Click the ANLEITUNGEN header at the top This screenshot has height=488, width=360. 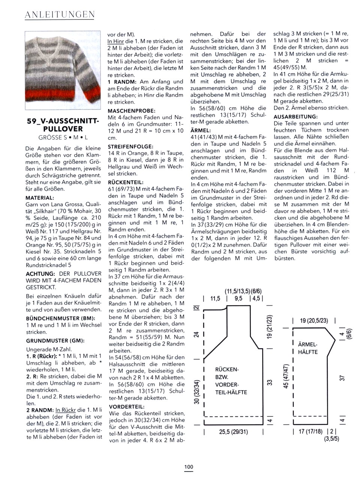click(x=59, y=15)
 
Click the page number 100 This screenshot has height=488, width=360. click(x=189, y=467)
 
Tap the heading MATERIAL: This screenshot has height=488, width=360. click(x=40, y=198)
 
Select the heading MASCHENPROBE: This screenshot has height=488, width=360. click(x=132, y=111)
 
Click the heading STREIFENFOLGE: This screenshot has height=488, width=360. click(x=130, y=147)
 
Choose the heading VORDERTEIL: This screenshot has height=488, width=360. click(x=126, y=406)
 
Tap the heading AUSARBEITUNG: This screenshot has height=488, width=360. click(x=296, y=117)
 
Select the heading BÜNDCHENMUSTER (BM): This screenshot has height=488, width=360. click(x=58, y=318)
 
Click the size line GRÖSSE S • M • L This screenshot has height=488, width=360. click(x=63, y=138)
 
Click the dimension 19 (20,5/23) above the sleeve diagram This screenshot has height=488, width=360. click(x=314, y=320)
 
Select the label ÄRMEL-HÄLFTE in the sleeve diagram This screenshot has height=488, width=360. click(x=308, y=348)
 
